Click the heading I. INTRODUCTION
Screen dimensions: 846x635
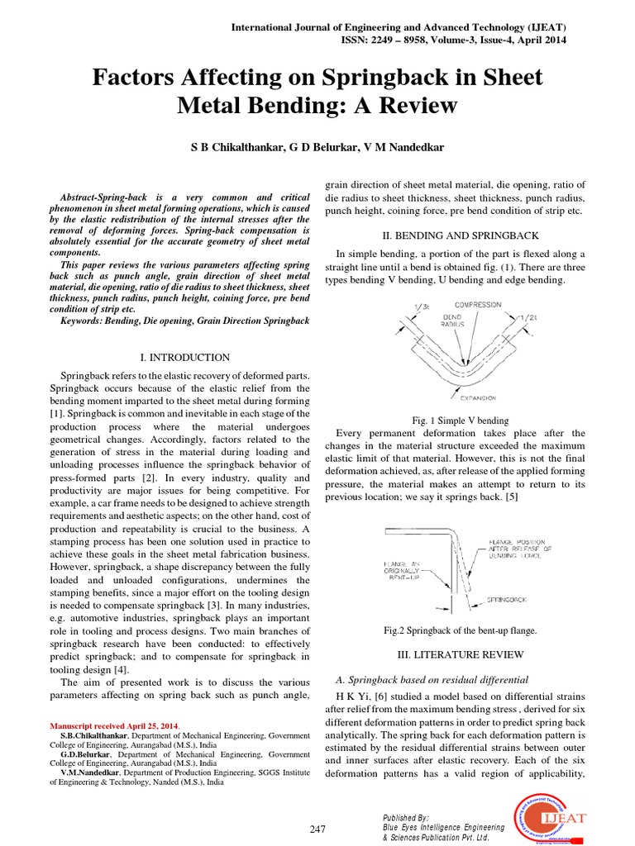click(x=185, y=358)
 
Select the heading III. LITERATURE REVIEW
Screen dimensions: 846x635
click(x=459, y=654)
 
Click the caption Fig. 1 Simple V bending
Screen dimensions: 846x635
click(x=461, y=421)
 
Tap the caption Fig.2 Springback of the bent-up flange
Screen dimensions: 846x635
click(x=460, y=630)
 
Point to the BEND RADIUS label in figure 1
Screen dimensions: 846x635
click(x=452, y=321)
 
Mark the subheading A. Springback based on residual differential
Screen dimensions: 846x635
click(x=432, y=680)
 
